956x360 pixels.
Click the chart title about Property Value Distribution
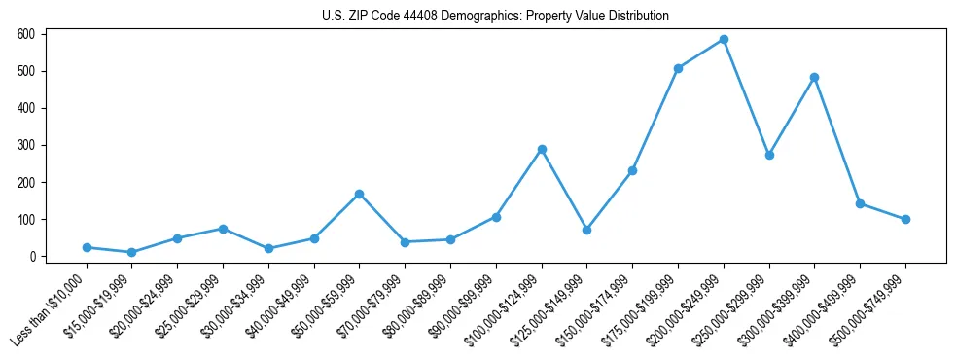(x=495, y=17)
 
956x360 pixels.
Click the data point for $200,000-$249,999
(x=724, y=39)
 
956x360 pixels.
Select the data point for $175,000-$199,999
(x=678, y=68)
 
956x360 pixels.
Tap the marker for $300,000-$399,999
(x=814, y=77)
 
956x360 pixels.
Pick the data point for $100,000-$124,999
(x=542, y=149)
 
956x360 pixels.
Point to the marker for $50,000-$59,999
(x=359, y=194)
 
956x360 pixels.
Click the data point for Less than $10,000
(x=87, y=247)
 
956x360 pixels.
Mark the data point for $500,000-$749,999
(x=905, y=219)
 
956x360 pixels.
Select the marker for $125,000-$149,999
(x=586, y=230)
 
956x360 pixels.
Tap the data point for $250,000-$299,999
(x=769, y=155)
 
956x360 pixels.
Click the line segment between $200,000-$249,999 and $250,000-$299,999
(x=746, y=97)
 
